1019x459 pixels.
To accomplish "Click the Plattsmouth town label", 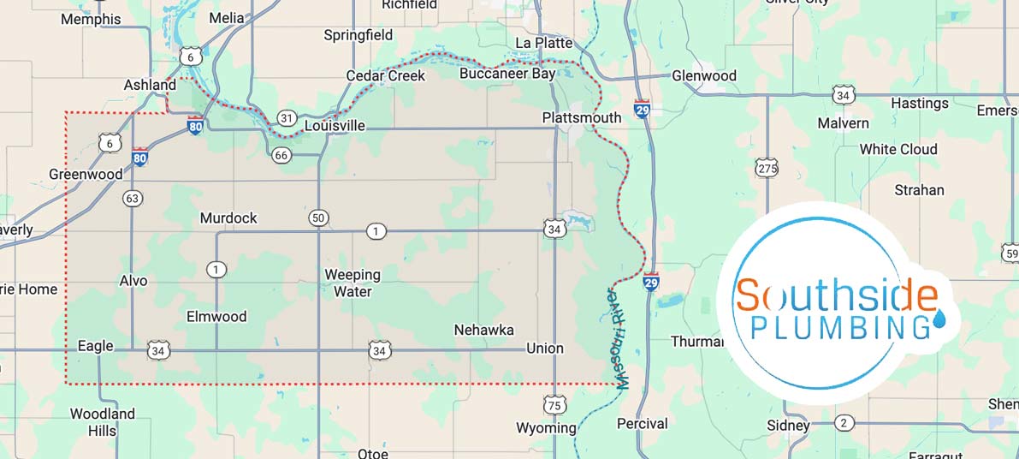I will pyautogui.click(x=582, y=117).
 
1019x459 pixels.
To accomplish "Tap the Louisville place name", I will pyautogui.click(x=335, y=126).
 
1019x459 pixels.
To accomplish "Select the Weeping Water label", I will pyautogui.click(x=353, y=283).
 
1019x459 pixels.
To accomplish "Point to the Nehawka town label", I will pyautogui.click(x=483, y=330).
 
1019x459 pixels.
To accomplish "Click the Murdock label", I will pyautogui.click(x=228, y=218).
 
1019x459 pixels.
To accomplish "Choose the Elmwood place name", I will pyautogui.click(x=216, y=317).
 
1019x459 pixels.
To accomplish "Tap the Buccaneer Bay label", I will pyautogui.click(x=507, y=74).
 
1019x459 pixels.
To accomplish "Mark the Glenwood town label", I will pyautogui.click(x=703, y=75).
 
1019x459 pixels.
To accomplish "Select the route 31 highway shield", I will pyautogui.click(x=287, y=117).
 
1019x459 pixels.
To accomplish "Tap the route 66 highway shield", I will pyautogui.click(x=281, y=155).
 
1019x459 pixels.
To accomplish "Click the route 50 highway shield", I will pyautogui.click(x=318, y=218).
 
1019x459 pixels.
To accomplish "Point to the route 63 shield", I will pyautogui.click(x=132, y=199).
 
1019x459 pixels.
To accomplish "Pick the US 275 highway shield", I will pyautogui.click(x=767, y=168).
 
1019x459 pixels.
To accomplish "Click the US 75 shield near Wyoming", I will pyautogui.click(x=554, y=404).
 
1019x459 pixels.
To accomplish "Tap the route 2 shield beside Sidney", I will pyautogui.click(x=844, y=422).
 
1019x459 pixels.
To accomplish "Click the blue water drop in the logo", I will pyautogui.click(x=940, y=319).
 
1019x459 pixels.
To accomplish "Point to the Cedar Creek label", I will pyautogui.click(x=385, y=76).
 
